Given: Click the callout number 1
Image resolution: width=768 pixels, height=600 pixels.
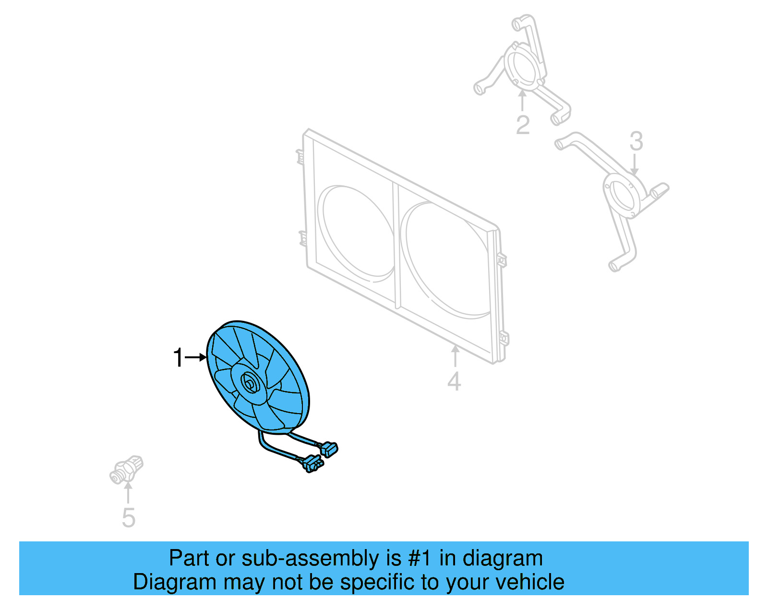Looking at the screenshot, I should [x=178, y=358].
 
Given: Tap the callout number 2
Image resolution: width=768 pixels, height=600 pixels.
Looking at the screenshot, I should [x=523, y=125].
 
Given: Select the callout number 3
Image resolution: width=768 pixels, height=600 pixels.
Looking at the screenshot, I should [x=636, y=141].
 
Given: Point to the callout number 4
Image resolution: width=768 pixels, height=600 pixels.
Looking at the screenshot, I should [x=454, y=381].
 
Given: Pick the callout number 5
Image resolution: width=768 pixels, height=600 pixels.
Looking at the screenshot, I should [x=129, y=517].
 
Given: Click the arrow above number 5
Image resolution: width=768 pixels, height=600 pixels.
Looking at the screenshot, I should [x=128, y=492].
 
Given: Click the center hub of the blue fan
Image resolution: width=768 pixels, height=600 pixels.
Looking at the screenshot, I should [x=250, y=383].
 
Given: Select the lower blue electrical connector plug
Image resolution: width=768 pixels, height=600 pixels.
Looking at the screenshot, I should [x=313, y=464].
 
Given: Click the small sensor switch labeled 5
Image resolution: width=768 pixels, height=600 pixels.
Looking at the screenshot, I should [x=126, y=469].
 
